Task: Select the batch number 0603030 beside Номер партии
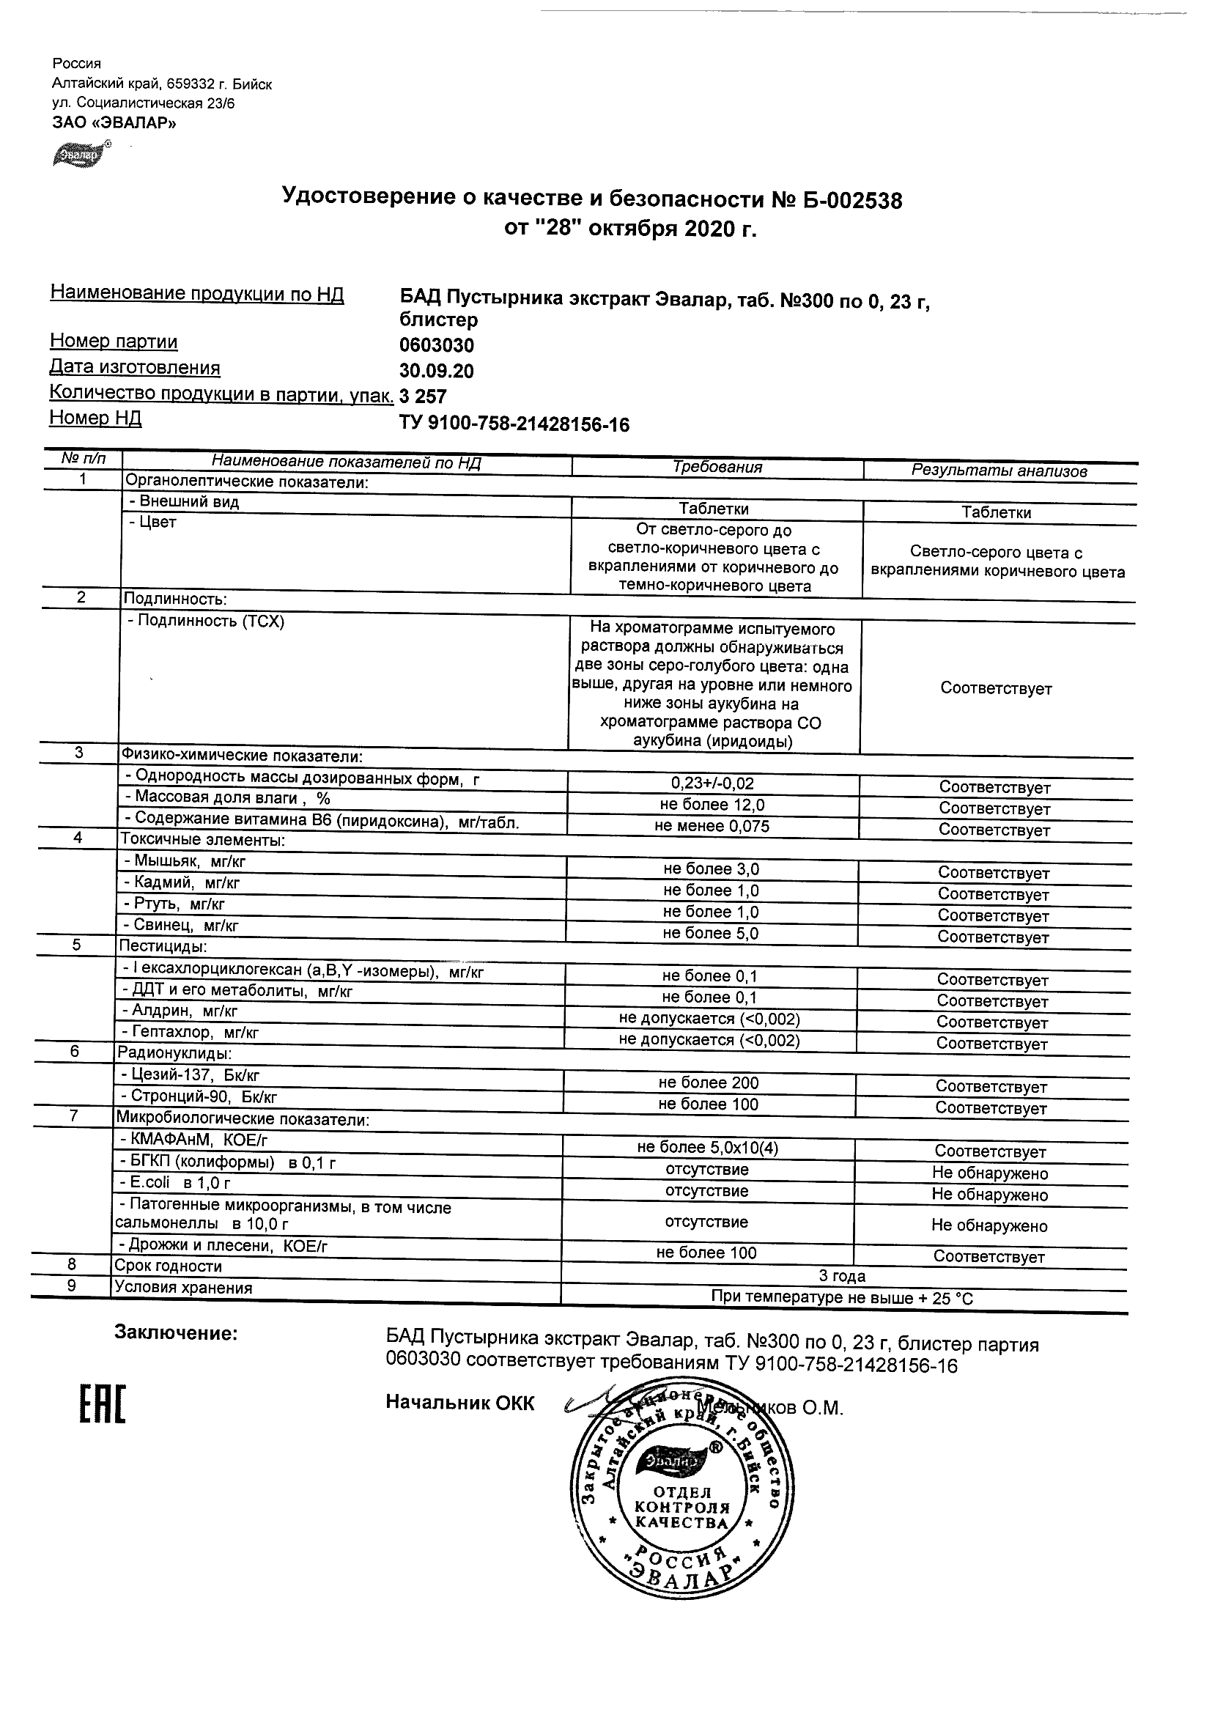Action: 437,345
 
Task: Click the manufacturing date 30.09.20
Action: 437,372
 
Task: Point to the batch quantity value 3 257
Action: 424,397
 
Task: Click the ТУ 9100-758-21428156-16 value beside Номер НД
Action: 514,424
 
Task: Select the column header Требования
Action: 717,468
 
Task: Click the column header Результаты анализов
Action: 999,471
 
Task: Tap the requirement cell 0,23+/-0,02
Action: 712,783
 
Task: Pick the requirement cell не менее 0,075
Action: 712,826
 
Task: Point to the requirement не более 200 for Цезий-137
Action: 709,1083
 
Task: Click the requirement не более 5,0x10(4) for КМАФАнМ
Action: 708,1147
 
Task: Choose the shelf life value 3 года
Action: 843,1276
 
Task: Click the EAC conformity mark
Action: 103,1404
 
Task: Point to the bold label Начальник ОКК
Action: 460,1403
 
